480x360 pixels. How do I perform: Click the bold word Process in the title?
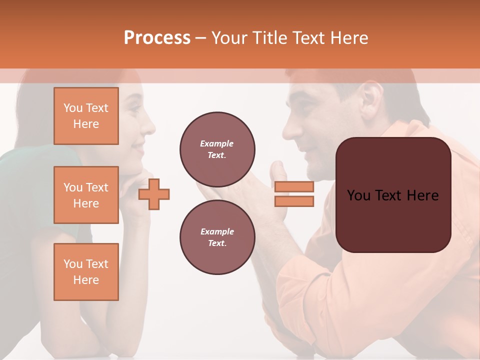pos(157,38)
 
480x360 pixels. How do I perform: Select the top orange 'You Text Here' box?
pos(86,116)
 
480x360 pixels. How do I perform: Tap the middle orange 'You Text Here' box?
pos(86,195)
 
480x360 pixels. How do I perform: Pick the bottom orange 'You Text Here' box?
pos(86,271)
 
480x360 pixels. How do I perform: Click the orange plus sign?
pos(154,194)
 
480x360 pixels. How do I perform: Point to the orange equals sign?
pos(294,194)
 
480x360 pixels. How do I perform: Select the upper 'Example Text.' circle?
pos(217,149)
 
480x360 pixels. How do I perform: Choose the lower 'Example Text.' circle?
pos(217,237)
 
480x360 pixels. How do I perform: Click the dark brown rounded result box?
pos(393,195)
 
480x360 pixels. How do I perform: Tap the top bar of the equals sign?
pos(294,187)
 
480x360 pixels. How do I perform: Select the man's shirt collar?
pos(400,135)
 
